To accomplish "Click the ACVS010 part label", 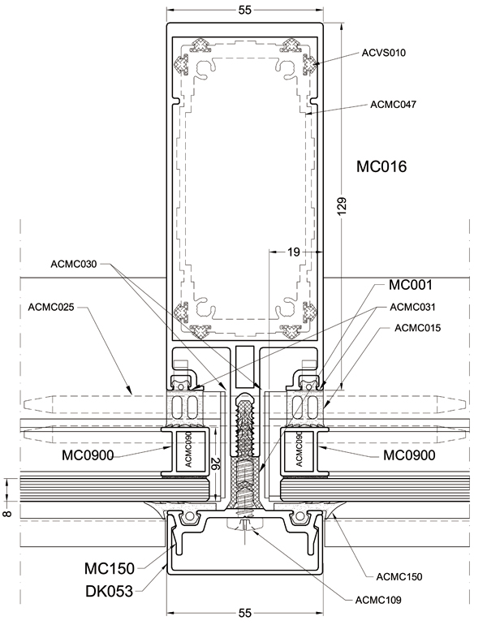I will coord(383,53).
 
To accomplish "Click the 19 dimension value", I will coord(293,252).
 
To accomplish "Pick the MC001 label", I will coord(411,285).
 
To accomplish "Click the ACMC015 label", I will coord(416,328).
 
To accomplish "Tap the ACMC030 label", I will coord(74,263).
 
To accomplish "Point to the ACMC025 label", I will coord(51,307).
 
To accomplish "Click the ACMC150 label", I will coord(399,576).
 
